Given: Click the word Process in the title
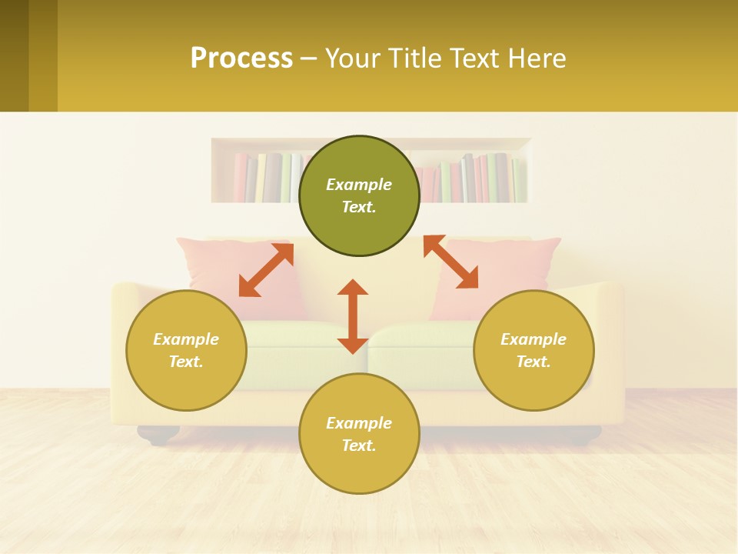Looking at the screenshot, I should (x=241, y=58).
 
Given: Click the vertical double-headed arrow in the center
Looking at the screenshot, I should (x=353, y=316).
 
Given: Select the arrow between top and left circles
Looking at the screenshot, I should (x=266, y=270).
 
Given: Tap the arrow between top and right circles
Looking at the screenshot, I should (x=451, y=262).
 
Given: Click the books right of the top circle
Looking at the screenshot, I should (x=473, y=178).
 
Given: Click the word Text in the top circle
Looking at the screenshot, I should (x=359, y=207).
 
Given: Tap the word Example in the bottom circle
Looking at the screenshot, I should (x=359, y=423).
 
